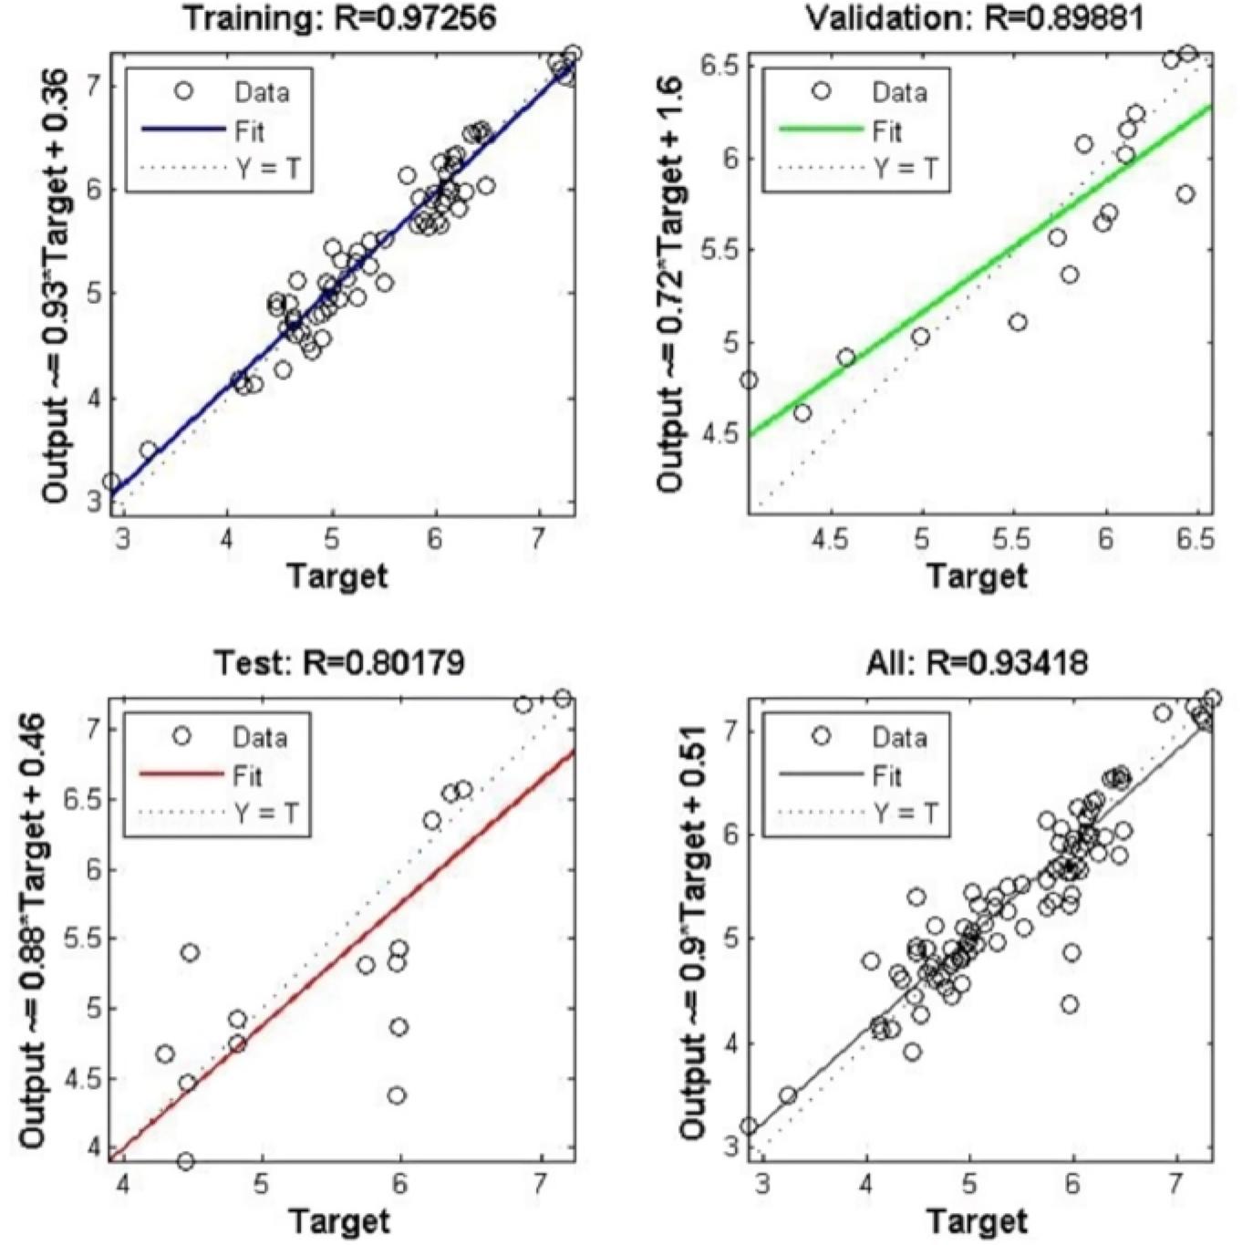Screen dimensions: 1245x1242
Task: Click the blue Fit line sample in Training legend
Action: tap(182, 130)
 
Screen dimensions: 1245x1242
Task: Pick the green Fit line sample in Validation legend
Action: tap(820, 130)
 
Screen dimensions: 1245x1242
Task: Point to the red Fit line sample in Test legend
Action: tap(181, 774)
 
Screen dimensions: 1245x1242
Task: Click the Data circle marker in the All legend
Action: tap(821, 735)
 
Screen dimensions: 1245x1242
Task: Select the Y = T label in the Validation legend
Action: tap(906, 169)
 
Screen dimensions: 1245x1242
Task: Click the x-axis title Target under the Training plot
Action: tap(337, 576)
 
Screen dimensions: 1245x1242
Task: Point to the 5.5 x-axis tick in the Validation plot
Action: tap(1012, 538)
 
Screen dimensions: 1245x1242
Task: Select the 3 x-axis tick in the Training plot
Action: tap(124, 538)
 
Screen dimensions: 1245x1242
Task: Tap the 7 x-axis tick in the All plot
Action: tap(1176, 1183)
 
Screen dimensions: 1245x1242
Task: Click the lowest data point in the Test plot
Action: tap(185, 1161)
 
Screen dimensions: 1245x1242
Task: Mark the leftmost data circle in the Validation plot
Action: tap(748, 380)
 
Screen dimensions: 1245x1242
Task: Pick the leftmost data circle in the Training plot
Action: tap(111, 482)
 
